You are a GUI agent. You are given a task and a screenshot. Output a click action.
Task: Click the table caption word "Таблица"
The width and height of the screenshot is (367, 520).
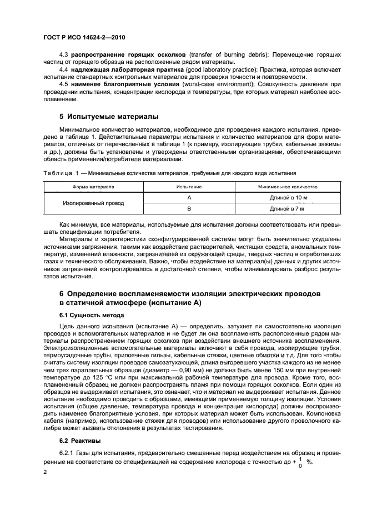tap(56, 173)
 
